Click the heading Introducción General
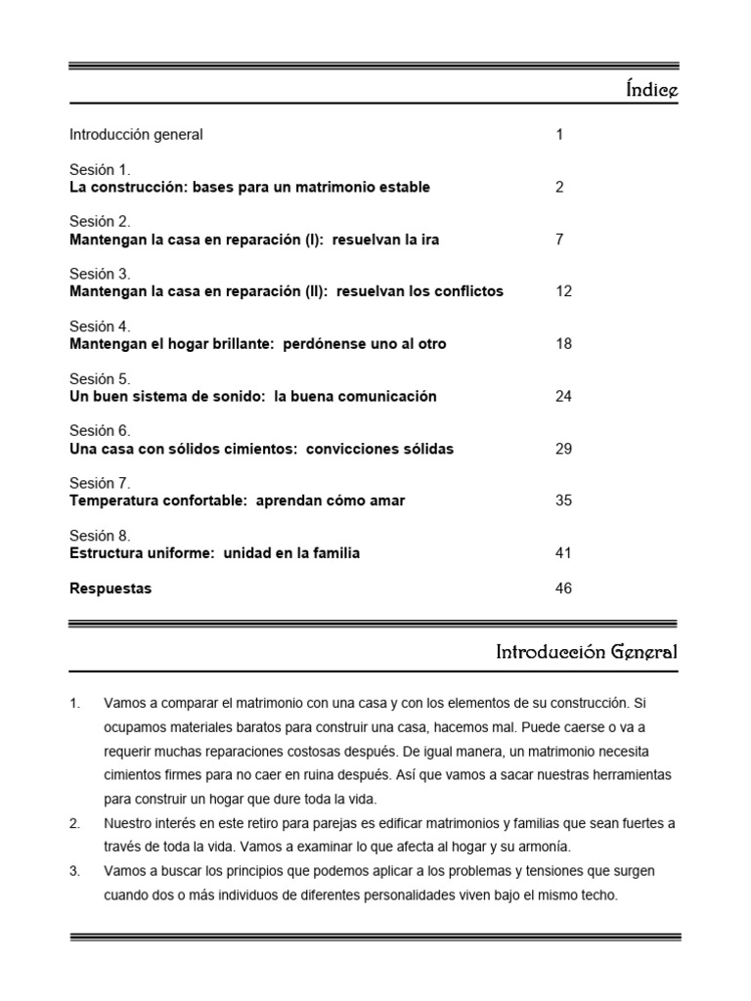586,652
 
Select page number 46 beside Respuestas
563,588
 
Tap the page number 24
563,396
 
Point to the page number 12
563,291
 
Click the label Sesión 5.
100,378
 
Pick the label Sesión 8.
100,536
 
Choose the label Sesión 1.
100,169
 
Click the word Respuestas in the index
110,588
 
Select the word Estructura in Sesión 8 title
106,553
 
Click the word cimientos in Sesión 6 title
261,449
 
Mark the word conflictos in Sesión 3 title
465,291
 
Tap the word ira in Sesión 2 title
428,239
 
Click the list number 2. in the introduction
75,824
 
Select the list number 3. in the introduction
75,870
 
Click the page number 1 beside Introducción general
559,135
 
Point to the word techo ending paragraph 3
597,893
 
